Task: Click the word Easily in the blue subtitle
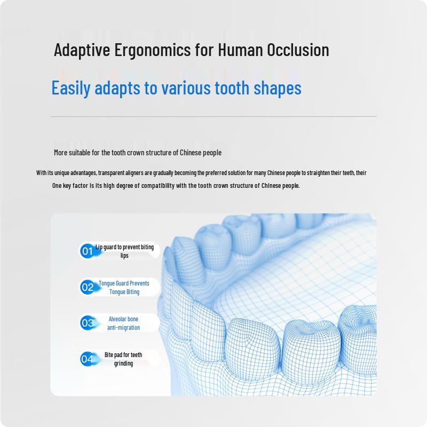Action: [x=71, y=88]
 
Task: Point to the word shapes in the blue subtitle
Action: [x=277, y=88]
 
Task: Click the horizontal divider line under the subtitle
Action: [x=213, y=116]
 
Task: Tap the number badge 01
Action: [x=87, y=251]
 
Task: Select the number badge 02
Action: [x=87, y=287]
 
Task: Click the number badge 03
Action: [x=87, y=323]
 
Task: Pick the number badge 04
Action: [x=87, y=359]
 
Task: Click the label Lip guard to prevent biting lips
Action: [x=124, y=251]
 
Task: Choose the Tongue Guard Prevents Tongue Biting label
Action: [x=124, y=288]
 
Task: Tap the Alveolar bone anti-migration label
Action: [x=123, y=323]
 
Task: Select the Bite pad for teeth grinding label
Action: [x=123, y=359]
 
